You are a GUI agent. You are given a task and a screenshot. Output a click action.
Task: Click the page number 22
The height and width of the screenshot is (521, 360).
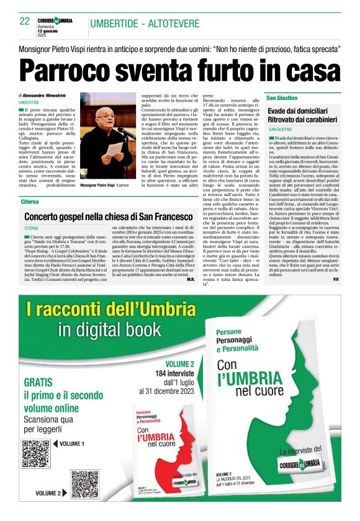click(x=24, y=21)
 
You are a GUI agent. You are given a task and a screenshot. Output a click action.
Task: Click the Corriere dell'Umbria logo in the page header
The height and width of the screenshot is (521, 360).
click(x=55, y=20)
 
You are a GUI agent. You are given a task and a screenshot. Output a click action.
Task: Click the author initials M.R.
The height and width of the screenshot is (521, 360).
click(x=191, y=280)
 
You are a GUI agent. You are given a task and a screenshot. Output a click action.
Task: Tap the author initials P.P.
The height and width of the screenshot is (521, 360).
click(x=335, y=280)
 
